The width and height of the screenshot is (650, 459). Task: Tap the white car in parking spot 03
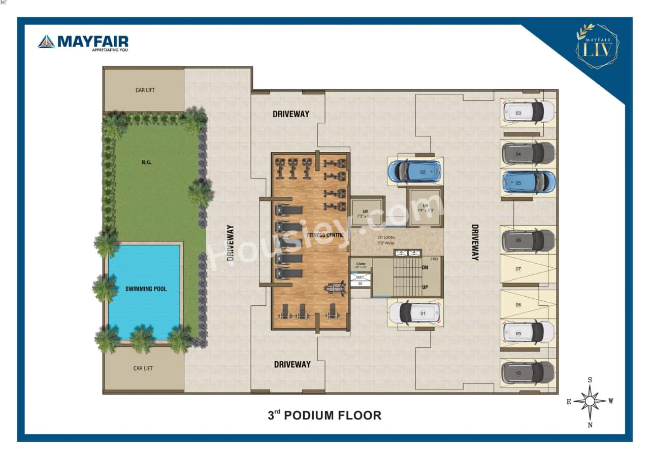(x=528, y=112)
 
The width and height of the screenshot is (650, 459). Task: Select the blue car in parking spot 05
(x=528, y=182)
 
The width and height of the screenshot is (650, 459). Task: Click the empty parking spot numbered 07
(x=528, y=268)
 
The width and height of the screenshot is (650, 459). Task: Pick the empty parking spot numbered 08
(x=528, y=305)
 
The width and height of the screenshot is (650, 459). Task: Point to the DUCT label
(x=360, y=277)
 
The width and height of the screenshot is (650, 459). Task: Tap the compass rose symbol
(x=590, y=401)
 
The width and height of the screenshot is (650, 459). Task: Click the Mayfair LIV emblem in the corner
(x=597, y=46)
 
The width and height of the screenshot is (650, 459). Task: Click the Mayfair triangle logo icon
(x=46, y=42)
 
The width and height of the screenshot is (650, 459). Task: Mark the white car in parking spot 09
(x=528, y=332)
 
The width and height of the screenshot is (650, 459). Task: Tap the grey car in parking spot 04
(x=528, y=153)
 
